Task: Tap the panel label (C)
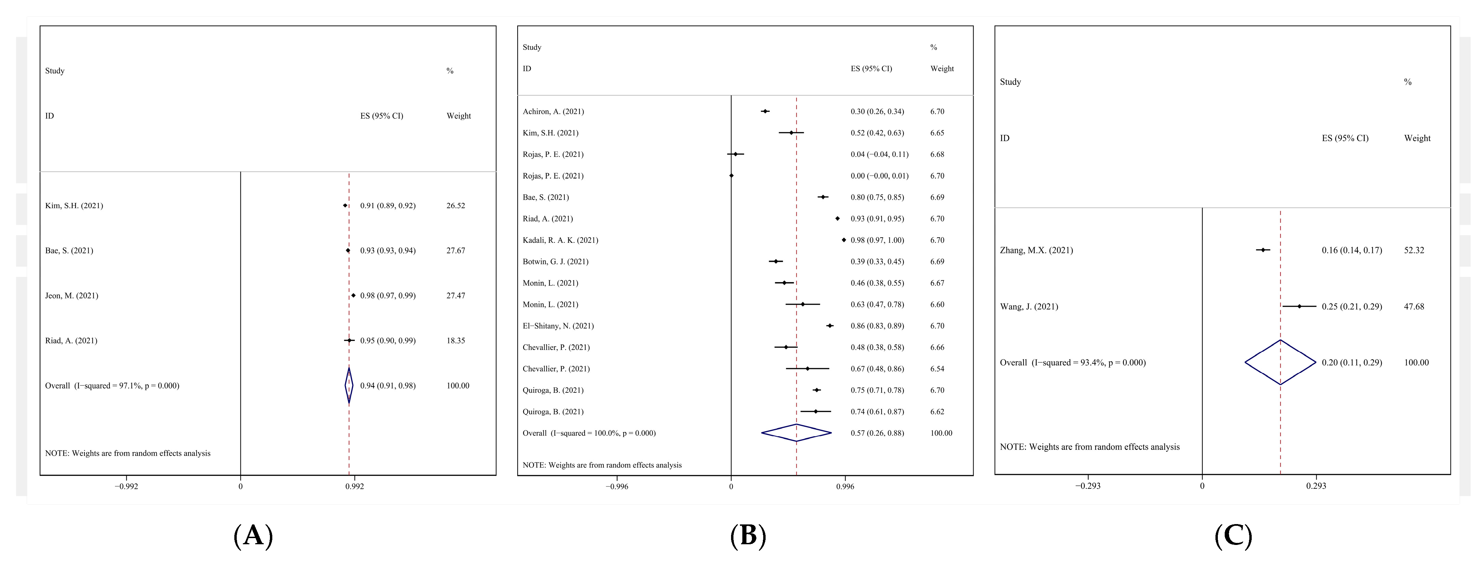point(1233,536)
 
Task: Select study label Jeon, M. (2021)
point(71,295)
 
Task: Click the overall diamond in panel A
point(349,385)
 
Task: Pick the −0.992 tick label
point(126,486)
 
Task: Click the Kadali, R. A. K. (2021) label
point(560,240)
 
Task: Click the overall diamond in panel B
point(796,432)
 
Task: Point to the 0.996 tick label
point(845,486)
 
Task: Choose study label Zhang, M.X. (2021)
point(1037,250)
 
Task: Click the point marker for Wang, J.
point(1299,306)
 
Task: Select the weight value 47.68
point(1414,306)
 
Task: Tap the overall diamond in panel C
point(1280,362)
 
